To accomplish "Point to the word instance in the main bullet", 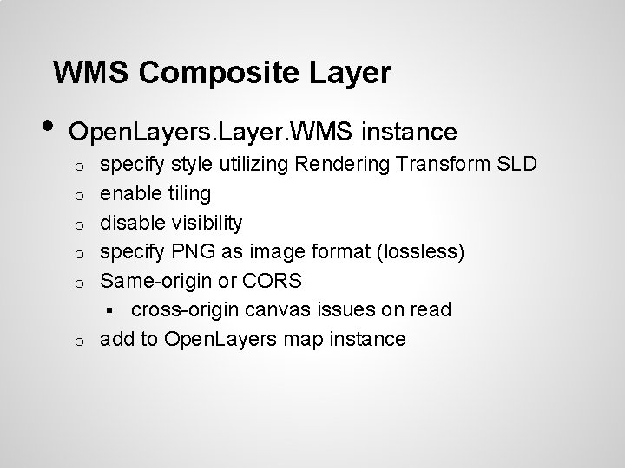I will (407, 132).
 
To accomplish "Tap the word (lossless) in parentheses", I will (426, 252).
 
